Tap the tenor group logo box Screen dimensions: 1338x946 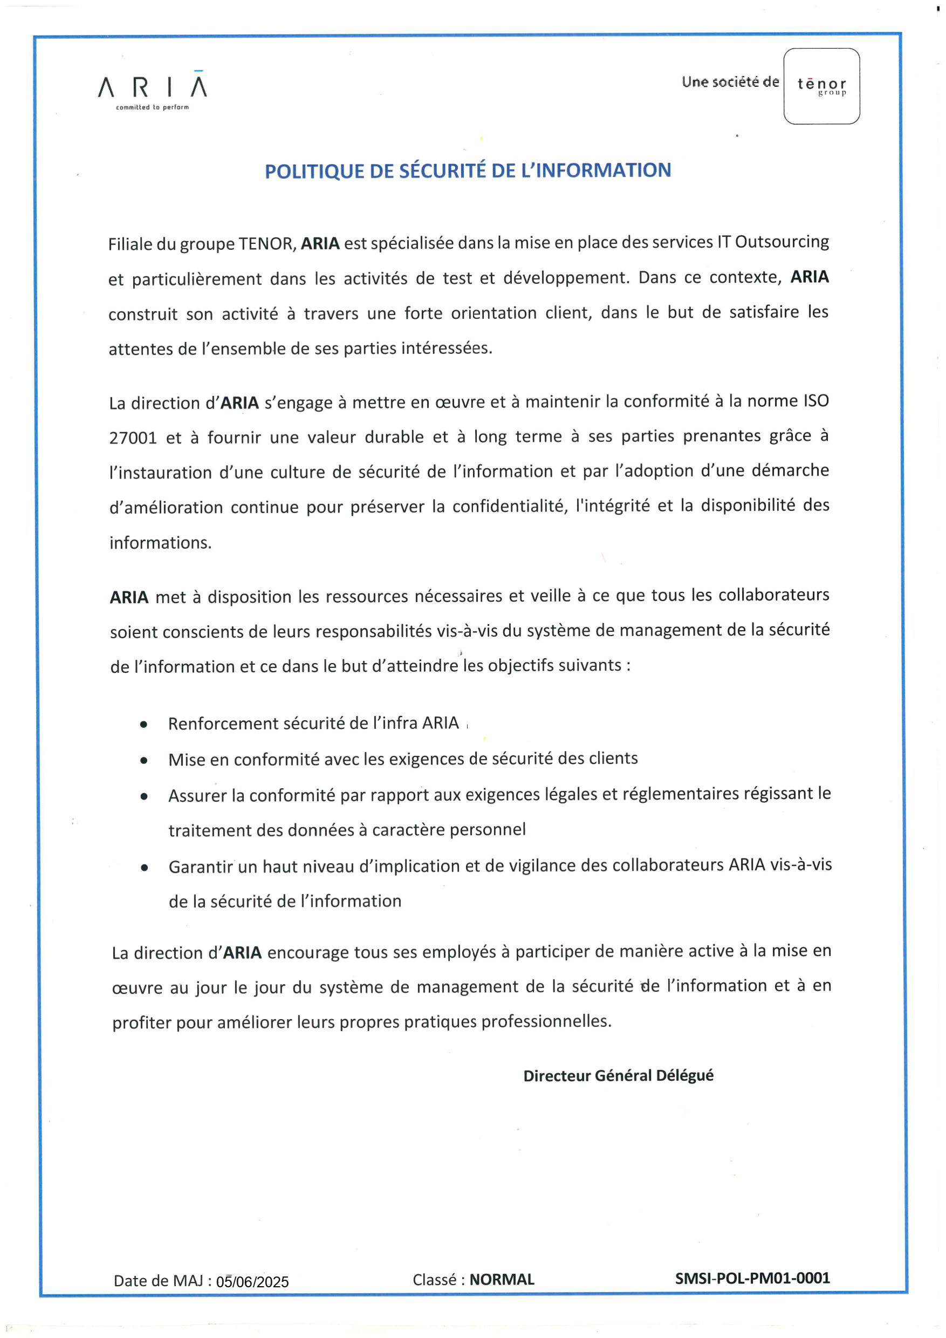click(821, 86)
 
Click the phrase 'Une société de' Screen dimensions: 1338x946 click(730, 82)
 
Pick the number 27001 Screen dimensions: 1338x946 click(133, 438)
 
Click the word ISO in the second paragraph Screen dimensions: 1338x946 click(815, 401)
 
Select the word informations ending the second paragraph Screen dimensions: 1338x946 click(160, 543)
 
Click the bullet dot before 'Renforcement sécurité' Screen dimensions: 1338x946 click(143, 725)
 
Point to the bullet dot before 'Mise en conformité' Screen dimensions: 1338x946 click(143, 761)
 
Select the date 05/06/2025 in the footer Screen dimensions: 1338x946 click(252, 1281)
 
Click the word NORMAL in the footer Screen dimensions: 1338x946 click(502, 1280)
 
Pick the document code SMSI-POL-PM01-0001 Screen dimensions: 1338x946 click(752, 1278)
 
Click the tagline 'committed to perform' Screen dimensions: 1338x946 click(152, 107)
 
